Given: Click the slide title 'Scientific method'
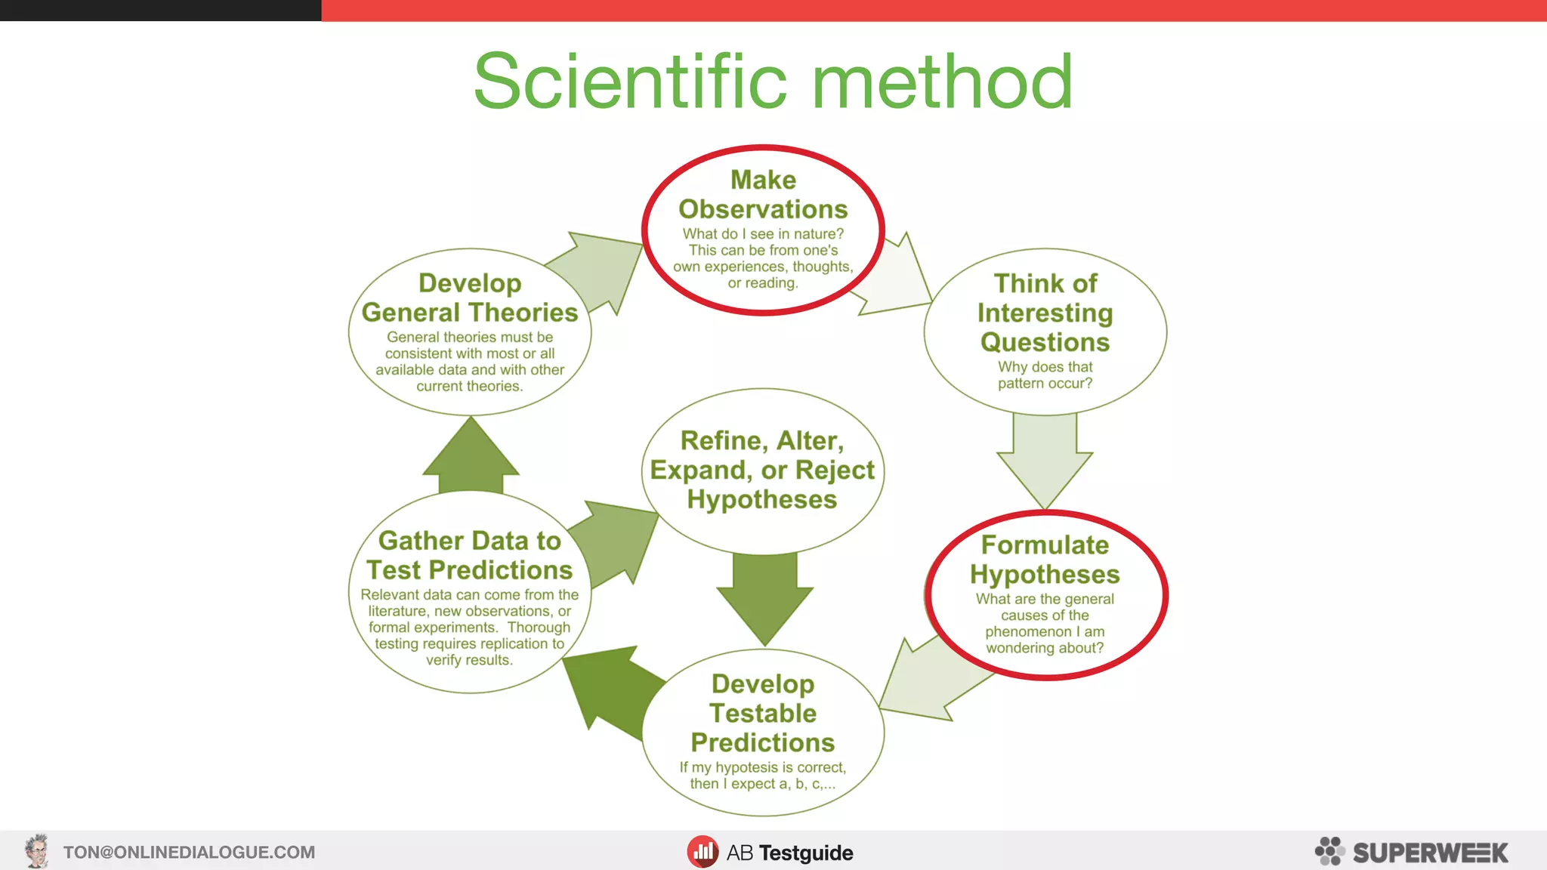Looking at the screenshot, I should [773, 82].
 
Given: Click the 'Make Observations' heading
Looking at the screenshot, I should [763, 195].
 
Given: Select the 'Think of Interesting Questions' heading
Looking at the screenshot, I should [1045, 313].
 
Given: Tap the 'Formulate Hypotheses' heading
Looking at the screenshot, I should [1045, 560].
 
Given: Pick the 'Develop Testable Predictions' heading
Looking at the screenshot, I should [763, 713].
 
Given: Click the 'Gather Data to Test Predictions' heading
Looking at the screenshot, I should [469, 555].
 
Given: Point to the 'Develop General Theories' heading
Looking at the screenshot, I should [469, 298].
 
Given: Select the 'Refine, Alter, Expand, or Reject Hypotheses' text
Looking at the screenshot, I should [762, 470].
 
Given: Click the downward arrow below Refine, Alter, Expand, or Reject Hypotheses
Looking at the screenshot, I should [764, 597].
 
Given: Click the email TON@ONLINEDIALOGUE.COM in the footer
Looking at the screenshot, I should [189, 852].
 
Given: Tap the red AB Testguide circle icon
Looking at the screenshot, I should [702, 852].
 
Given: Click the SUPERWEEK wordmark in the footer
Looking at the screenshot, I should [1430, 853].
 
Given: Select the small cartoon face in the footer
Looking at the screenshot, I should [36, 851].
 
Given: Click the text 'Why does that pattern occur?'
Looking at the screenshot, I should [1045, 375].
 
